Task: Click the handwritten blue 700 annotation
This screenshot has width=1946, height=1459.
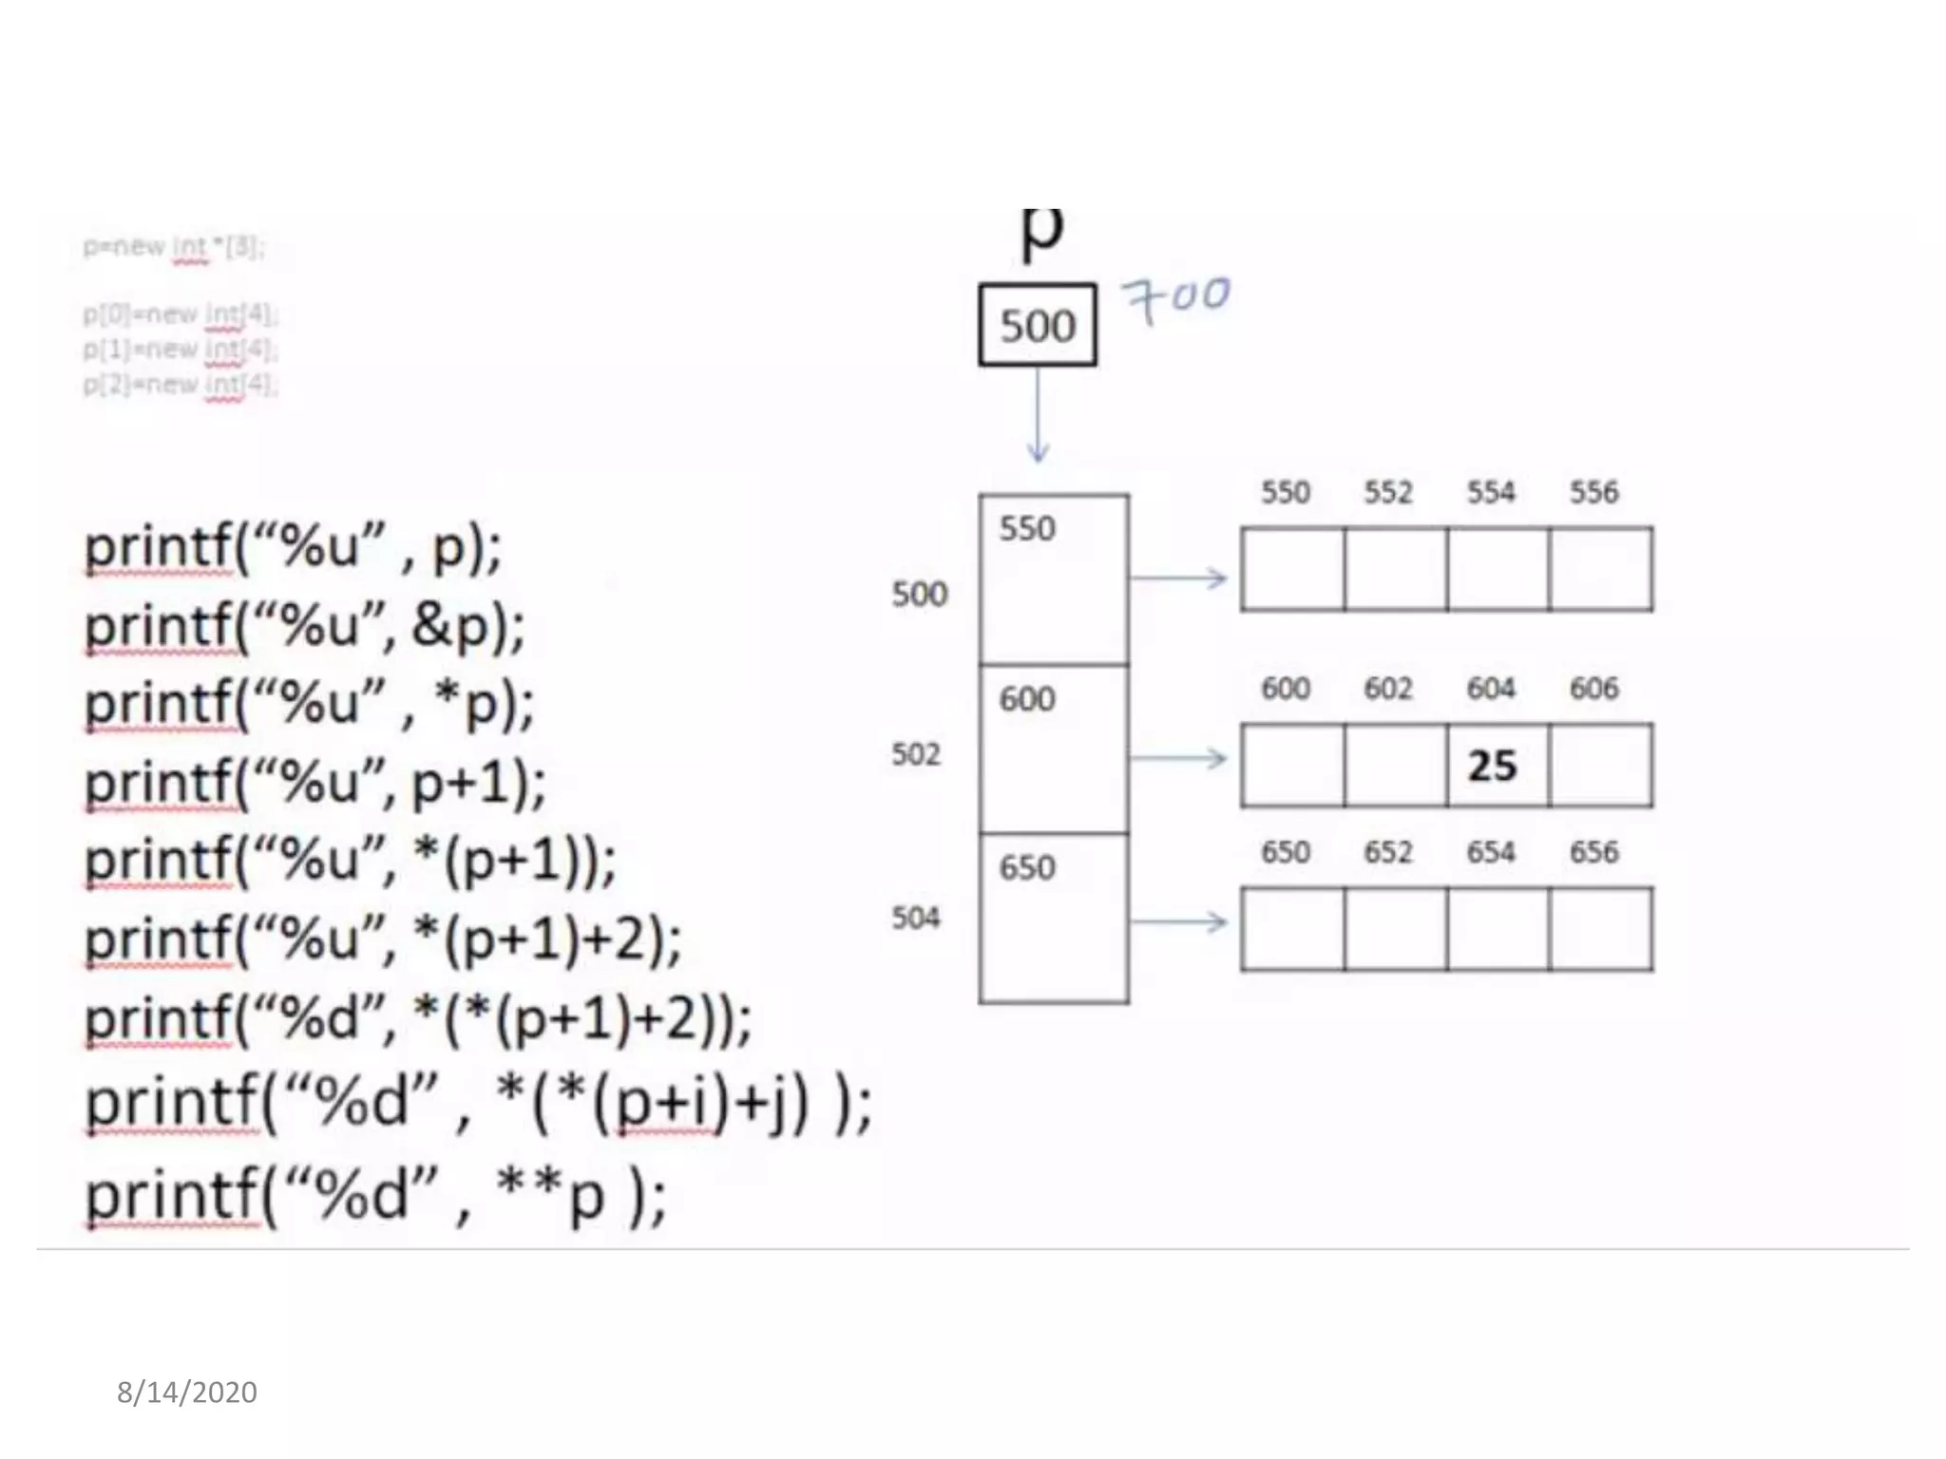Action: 1176,298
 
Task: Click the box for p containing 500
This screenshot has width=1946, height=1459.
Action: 1037,325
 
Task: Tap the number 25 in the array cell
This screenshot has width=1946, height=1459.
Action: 1492,766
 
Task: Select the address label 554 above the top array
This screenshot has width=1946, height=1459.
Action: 1490,492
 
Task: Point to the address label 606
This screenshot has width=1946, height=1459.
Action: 1593,688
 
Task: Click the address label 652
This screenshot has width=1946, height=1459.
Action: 1388,852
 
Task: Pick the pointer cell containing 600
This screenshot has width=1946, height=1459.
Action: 1054,748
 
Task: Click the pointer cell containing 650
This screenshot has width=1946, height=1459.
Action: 1054,918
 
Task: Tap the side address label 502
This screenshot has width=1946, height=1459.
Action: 916,754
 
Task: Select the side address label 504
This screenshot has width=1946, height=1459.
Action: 916,918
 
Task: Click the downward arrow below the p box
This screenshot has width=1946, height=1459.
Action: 1038,415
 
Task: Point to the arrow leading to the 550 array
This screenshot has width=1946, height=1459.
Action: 1178,578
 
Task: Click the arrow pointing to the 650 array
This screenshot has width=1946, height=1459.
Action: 1178,921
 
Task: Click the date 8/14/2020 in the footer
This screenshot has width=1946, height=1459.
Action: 187,1393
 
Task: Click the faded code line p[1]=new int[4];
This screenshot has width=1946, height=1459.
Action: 180,350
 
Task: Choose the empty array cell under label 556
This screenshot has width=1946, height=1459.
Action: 1600,569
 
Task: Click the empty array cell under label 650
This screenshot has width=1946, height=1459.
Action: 1292,929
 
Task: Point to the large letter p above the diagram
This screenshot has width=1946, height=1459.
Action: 1041,233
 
